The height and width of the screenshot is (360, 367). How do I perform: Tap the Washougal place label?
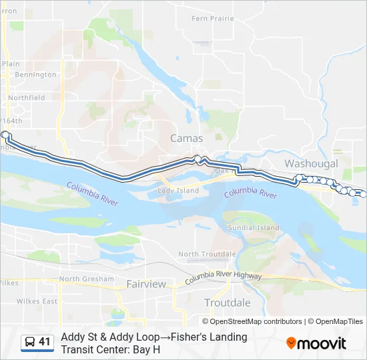tap(311, 163)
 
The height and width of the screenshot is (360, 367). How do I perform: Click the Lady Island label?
tap(178, 191)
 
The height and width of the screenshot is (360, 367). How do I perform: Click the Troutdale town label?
tap(228, 303)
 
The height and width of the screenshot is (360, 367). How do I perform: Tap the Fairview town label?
tap(146, 284)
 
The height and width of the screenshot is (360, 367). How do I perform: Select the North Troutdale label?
tap(207, 254)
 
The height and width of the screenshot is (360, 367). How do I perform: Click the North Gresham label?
tap(83, 279)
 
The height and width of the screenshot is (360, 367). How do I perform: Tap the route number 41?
tap(45, 342)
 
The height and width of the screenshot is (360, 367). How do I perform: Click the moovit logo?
tap(316, 343)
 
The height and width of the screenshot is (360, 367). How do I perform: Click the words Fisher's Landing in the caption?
tap(200, 337)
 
